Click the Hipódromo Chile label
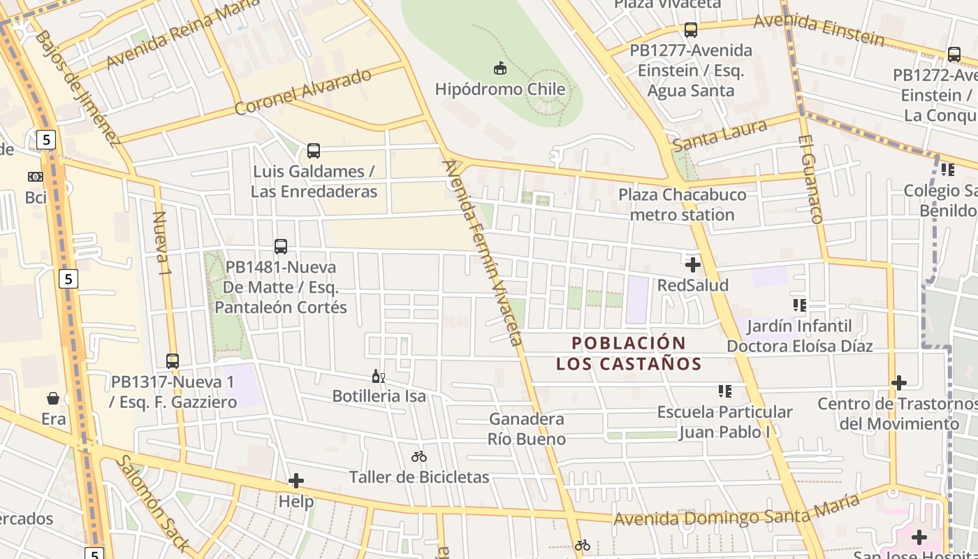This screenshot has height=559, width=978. coord(499,89)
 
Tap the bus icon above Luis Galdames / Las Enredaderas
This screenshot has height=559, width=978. coord(314,151)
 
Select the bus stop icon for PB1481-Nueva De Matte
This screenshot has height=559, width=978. coord(281,247)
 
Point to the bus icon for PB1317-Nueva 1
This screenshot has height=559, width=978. coord(173,361)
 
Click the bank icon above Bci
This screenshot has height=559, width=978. coord(35,177)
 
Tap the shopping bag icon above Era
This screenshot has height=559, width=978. coord(53,398)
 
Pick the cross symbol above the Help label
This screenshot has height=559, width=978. coord(296,481)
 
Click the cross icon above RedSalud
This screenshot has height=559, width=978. coord(693,265)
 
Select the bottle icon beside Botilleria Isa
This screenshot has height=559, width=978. coord(378,376)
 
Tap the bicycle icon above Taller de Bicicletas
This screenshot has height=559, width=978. coord(419,457)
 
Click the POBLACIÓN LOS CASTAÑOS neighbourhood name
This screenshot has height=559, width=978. coord(629,354)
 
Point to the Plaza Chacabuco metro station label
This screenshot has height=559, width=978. coord(682,205)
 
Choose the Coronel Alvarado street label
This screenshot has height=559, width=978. coord(302,92)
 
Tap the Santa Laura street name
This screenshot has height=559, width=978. coord(720,135)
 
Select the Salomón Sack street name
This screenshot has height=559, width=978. coord(152,503)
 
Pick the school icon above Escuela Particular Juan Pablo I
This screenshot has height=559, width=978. coord(724,391)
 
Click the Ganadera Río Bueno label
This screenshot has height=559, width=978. coord(527,429)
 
